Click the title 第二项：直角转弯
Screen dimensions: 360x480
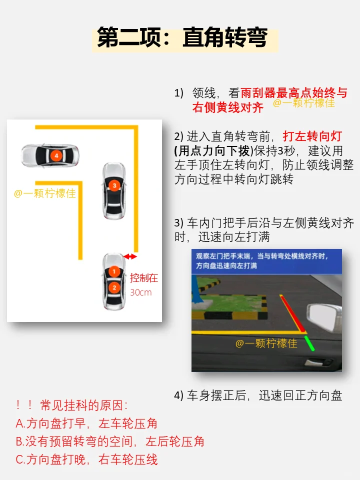[182, 37]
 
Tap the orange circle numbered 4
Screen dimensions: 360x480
[56, 155]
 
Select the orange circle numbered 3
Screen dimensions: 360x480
[114, 185]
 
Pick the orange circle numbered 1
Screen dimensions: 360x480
[114, 271]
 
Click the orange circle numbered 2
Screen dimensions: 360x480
[114, 287]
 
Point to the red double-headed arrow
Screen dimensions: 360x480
[130, 256]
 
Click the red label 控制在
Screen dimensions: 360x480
[144, 278]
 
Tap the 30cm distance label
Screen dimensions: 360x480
[141, 292]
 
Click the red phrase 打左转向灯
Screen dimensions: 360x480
[312, 136]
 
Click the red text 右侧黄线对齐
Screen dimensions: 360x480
[228, 107]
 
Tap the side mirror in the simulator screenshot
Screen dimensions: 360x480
[324, 317]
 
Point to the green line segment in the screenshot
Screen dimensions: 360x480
[309, 343]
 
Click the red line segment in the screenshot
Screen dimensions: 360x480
[292, 313]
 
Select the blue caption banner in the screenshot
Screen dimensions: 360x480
[266, 261]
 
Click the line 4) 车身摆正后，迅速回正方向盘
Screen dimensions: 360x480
[258, 395]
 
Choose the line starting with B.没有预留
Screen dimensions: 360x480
[110, 441]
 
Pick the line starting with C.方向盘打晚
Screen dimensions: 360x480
[86, 459]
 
